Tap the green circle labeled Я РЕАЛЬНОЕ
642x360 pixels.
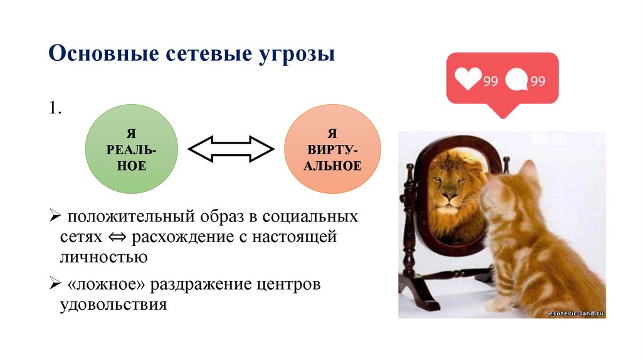(x=132, y=149)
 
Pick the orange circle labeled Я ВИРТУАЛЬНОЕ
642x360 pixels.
(x=332, y=149)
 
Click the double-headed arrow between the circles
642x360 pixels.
(x=231, y=149)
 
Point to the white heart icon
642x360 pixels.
(x=468, y=78)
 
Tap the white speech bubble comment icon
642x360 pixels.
(x=517, y=79)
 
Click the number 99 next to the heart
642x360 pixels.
(x=490, y=81)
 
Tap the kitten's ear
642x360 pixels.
(x=527, y=170)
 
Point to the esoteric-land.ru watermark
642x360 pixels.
(x=576, y=314)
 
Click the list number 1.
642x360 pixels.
(x=55, y=108)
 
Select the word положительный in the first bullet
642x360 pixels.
(x=132, y=216)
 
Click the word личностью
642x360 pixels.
(x=103, y=257)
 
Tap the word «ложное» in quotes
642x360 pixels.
(x=105, y=284)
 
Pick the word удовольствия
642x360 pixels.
(x=113, y=305)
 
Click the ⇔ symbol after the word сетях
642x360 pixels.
(x=117, y=237)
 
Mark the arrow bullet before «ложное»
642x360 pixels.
(x=55, y=283)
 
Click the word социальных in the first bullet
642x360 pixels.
(x=310, y=216)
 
